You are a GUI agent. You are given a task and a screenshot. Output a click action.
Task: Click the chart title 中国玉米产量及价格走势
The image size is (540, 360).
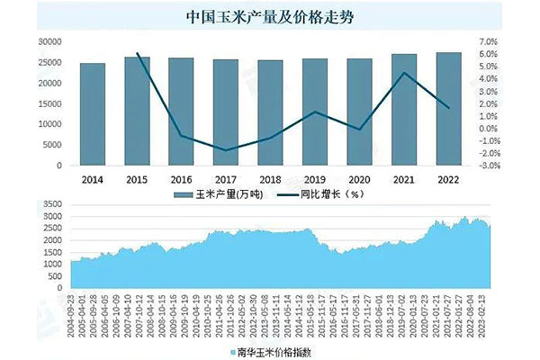point(269,17)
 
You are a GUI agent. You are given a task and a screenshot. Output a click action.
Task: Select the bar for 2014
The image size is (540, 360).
point(92,114)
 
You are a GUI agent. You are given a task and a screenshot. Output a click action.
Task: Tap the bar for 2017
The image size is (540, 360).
point(225,112)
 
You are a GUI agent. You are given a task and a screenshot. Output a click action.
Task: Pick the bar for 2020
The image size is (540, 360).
point(359,112)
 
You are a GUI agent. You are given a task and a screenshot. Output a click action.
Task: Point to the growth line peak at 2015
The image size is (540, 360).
point(137,53)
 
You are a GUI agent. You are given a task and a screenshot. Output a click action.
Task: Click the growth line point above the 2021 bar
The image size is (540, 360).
point(404,73)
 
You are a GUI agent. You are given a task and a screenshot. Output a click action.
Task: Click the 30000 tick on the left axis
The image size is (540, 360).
point(49,42)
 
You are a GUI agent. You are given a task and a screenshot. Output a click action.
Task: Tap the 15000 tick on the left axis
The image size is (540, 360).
point(49,104)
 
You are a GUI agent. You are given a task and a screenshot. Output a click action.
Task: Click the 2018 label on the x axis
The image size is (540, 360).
point(270,179)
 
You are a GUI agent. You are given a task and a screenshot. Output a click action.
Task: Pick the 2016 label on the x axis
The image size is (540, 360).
point(181,179)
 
